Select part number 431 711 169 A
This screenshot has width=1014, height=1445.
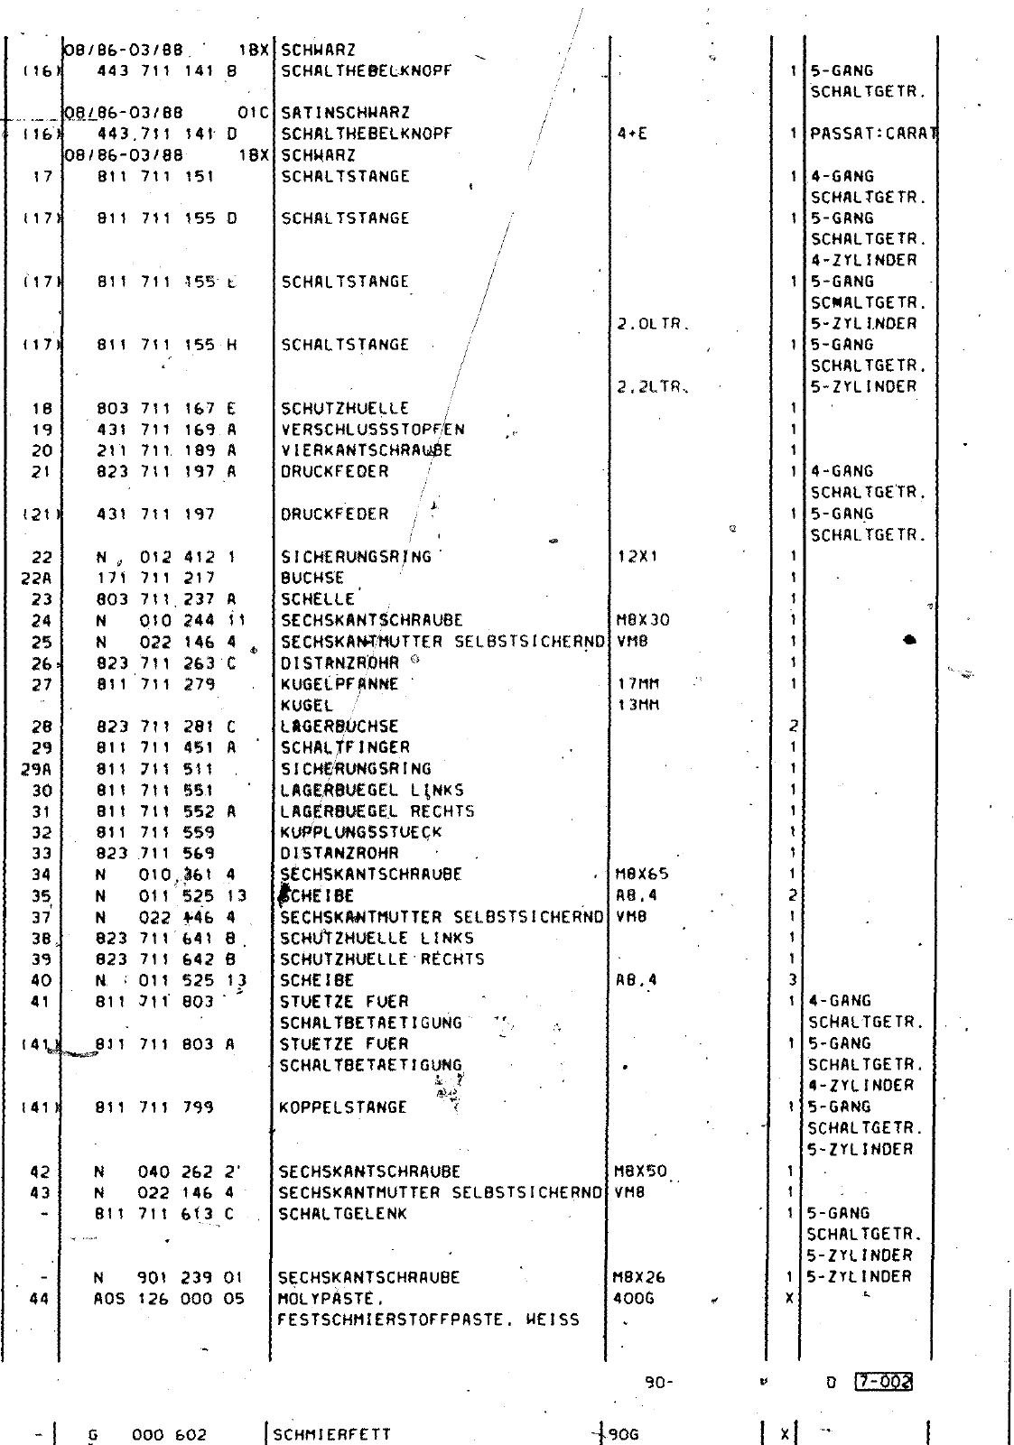pyautogui.click(x=166, y=430)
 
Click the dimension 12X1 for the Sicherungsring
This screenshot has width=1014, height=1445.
pyautogui.click(x=637, y=557)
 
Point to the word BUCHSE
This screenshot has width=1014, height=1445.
pyautogui.click(x=312, y=578)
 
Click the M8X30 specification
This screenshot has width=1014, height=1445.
pyautogui.click(x=642, y=620)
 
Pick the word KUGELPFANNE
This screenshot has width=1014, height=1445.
pyautogui.click(x=340, y=684)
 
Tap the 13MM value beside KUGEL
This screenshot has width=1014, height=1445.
pyautogui.click(x=637, y=705)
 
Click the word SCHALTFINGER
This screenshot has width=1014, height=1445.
pyautogui.click(x=345, y=747)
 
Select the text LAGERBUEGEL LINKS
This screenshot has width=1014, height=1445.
pyautogui.click(x=372, y=790)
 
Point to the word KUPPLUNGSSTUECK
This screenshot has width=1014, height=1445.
pyautogui.click(x=361, y=832)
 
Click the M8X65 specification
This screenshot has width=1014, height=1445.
pyautogui.click(x=642, y=875)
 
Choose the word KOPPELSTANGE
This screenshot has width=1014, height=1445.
pyautogui.click(x=343, y=1107)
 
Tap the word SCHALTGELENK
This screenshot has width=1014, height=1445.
pyautogui.click(x=342, y=1214)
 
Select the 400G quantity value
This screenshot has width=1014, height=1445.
pyautogui.click(x=633, y=1299)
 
